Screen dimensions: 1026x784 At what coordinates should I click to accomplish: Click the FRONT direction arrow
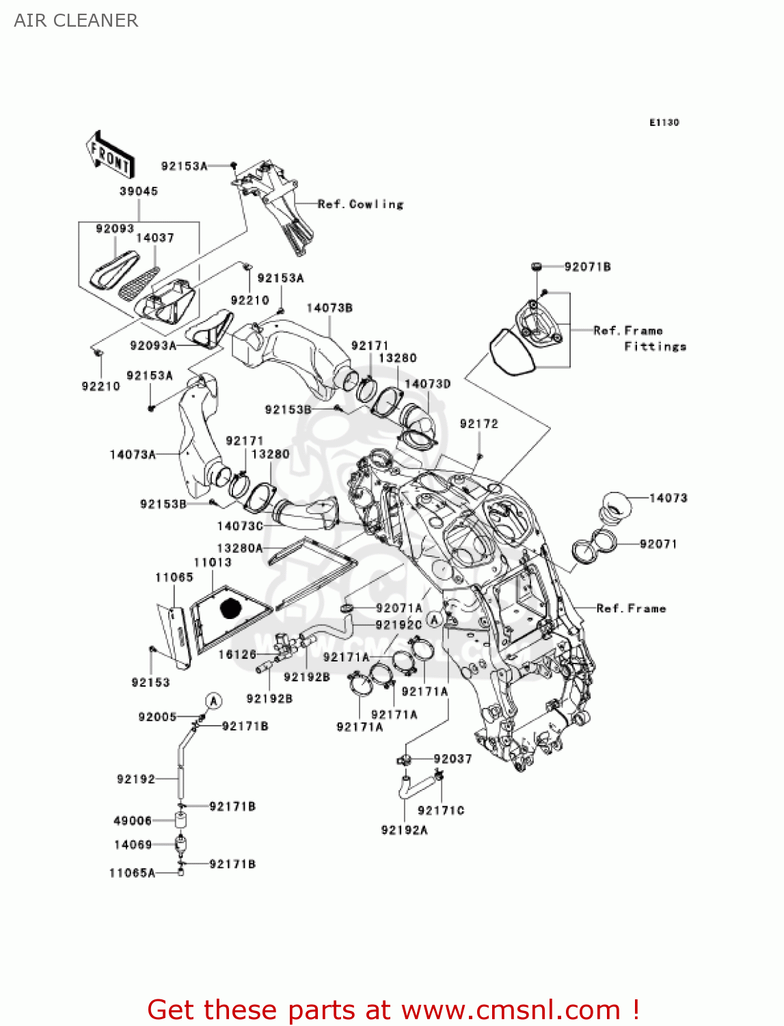coord(109,156)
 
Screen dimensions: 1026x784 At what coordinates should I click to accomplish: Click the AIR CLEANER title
coord(76,21)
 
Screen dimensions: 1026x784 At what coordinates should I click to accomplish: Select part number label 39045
coord(139,192)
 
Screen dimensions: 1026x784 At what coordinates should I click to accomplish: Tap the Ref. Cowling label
coord(361,204)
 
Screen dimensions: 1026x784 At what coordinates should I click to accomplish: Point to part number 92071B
coord(587,267)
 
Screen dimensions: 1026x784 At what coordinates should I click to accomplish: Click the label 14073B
coord(329,308)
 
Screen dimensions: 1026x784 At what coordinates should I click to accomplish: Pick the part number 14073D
coord(427,384)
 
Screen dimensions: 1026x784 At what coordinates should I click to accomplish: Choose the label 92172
coord(479,424)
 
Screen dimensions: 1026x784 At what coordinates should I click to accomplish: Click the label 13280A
coord(239,549)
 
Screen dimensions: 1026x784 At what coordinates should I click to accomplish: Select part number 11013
coord(213,562)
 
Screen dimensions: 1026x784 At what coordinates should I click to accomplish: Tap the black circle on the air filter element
coord(231,607)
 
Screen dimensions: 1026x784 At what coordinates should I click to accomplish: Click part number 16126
coord(237,655)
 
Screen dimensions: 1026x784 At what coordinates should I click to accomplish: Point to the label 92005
coord(157,717)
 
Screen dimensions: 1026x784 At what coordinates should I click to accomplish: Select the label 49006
coord(133,821)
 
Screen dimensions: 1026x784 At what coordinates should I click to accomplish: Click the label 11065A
coord(132,873)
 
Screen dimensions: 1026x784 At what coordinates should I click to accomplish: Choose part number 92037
coord(452,759)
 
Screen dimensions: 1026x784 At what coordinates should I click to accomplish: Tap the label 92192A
coord(404,830)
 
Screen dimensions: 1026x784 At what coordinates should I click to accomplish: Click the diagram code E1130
coord(664,122)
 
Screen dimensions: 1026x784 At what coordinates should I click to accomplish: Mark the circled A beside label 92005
coord(214,701)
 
